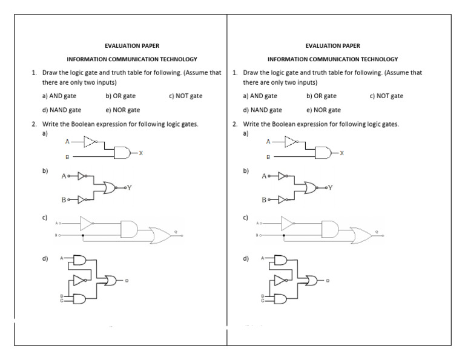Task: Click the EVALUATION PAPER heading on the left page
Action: pos(132,45)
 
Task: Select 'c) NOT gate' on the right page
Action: pos(386,96)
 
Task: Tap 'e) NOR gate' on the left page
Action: pos(122,110)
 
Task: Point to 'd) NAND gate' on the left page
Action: pos(62,110)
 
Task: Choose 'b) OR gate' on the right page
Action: pos(322,96)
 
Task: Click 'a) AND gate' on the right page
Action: pos(260,96)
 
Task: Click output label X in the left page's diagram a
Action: pos(141,153)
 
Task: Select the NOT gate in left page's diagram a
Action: pos(90,142)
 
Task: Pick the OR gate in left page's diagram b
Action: pos(113,188)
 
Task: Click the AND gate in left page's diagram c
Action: pos(130,228)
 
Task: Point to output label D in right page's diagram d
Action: pos(328,281)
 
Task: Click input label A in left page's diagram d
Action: pos(61,258)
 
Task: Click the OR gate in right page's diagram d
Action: pos(312,280)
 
